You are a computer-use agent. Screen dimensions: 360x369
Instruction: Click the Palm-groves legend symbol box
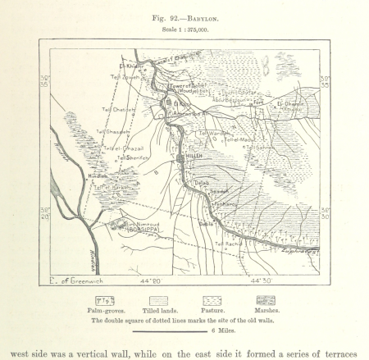105,300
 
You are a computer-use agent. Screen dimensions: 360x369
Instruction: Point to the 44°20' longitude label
153,278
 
